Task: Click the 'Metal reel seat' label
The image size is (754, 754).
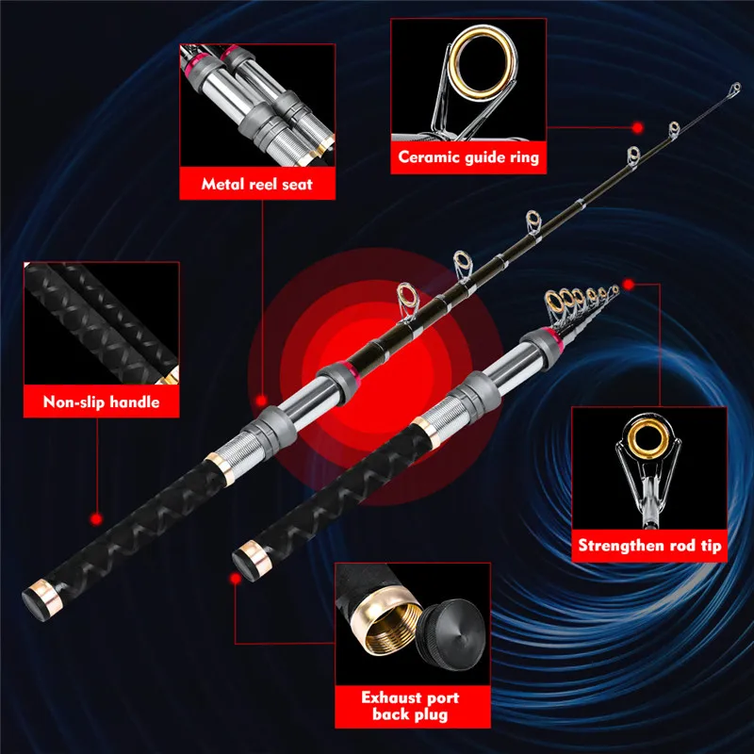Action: tap(256, 184)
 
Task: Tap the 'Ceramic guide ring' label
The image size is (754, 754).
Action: tap(468, 157)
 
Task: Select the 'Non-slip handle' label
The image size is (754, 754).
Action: tap(101, 402)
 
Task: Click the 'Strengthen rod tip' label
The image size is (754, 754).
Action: tap(649, 546)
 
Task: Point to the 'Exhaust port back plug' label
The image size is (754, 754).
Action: tap(410, 706)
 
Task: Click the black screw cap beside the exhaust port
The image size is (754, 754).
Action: tap(451, 633)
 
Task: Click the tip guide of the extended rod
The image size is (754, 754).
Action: tap(735, 89)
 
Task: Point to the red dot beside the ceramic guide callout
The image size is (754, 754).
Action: tap(638, 128)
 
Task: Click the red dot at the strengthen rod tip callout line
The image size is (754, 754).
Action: tap(628, 285)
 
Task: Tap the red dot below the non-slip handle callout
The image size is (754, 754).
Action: tap(96, 519)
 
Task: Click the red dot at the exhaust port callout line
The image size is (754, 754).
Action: tap(235, 579)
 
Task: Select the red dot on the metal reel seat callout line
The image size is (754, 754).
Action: tap(261, 401)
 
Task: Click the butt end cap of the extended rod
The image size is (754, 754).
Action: tap(41, 600)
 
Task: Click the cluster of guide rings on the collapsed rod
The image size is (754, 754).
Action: tap(581, 302)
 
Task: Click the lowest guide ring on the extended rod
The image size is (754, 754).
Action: tap(408, 301)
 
